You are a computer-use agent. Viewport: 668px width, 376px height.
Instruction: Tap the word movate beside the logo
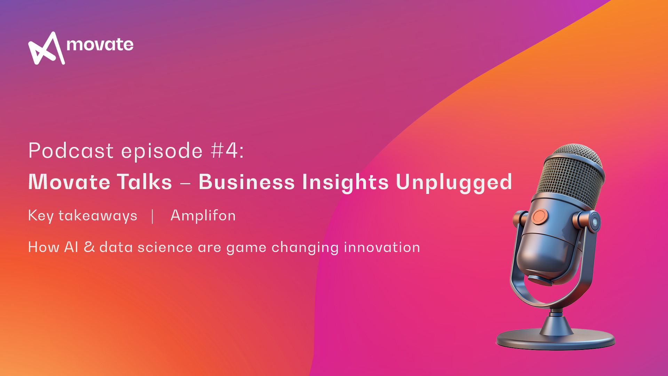(100, 45)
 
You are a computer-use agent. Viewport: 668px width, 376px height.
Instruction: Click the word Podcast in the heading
(71, 151)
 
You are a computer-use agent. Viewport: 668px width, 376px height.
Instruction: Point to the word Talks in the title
(144, 182)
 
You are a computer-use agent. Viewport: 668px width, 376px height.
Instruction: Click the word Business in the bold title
(247, 182)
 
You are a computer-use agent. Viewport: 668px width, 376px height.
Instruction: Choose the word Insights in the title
(345, 182)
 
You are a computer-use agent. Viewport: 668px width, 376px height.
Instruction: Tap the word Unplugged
(454, 182)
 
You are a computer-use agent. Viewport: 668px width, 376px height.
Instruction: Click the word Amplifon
(203, 216)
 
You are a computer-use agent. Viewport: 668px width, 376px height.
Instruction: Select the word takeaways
(98, 216)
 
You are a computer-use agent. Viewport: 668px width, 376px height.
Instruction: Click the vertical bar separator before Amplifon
(153, 216)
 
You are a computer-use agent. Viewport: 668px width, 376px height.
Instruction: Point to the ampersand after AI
(89, 247)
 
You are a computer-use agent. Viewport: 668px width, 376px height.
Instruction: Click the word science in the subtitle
(165, 247)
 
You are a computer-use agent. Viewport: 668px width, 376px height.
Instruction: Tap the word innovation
(382, 247)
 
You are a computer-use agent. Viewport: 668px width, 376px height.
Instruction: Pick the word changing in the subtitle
(305, 248)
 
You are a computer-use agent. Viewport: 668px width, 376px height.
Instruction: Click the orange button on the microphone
(540, 217)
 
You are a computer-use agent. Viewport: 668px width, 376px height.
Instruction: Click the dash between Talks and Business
(185, 182)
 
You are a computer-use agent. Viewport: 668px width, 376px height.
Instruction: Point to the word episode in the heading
(162, 151)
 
